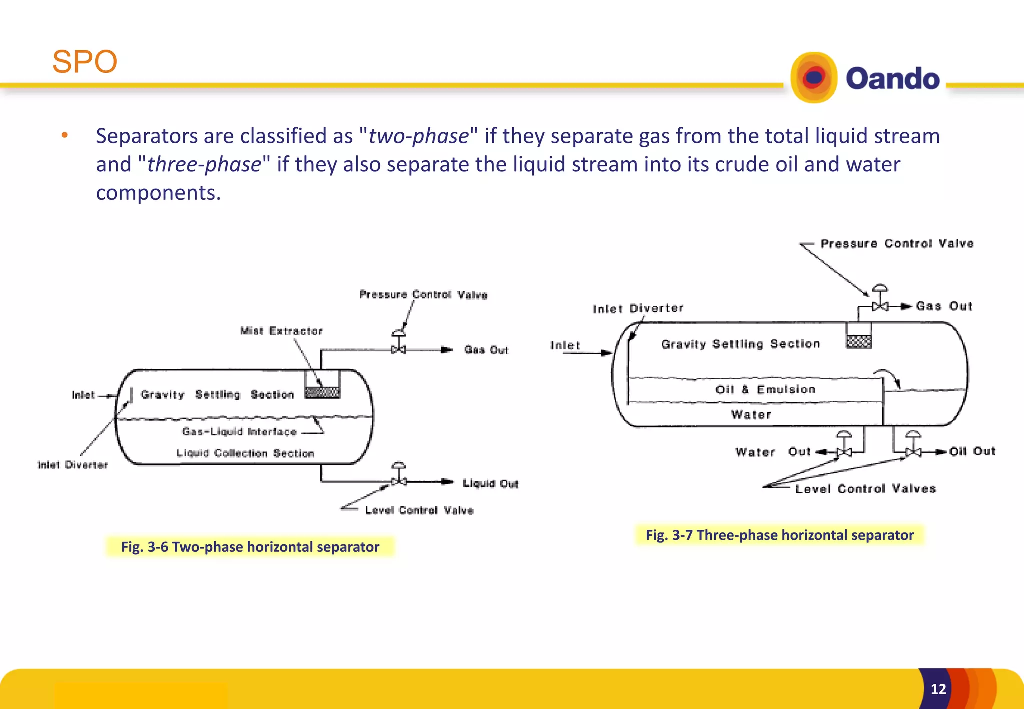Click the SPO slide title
tap(85, 62)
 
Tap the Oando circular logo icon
tap(814, 78)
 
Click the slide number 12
tap(938, 689)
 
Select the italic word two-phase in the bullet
tap(419, 136)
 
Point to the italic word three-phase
tap(204, 164)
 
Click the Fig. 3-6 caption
tap(250, 547)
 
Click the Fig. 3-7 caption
tap(779, 535)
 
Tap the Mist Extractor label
tap(281, 331)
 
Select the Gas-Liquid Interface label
tap(239, 432)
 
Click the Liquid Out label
tap(490, 483)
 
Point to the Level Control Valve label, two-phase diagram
tap(419, 510)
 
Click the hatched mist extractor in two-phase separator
tap(322, 392)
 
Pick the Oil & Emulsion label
tap(765, 389)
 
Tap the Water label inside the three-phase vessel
tap(751, 414)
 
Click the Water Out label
tap(773, 452)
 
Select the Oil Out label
tap(972, 451)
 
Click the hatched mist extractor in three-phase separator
tap(859, 342)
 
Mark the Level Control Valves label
tap(865, 489)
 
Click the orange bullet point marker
tap(64, 135)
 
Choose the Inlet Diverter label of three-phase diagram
tap(638, 308)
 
